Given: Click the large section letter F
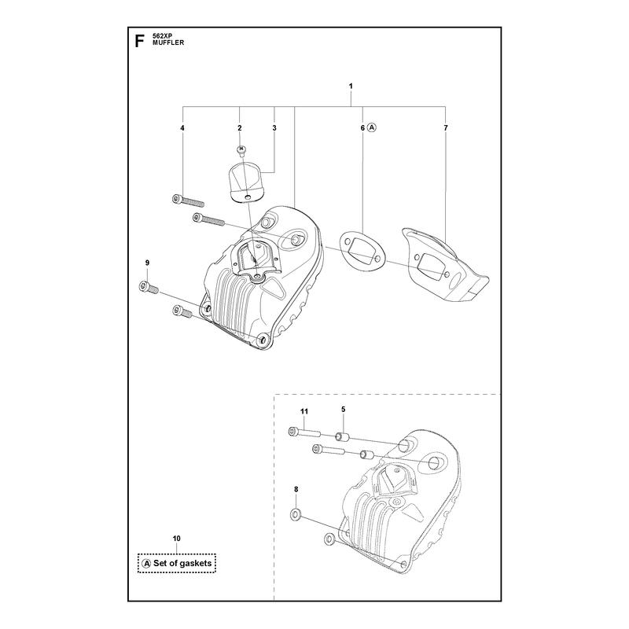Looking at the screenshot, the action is click(x=139, y=41).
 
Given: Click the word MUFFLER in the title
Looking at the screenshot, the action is click(x=168, y=43).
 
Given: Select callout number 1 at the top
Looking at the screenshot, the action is click(x=351, y=86).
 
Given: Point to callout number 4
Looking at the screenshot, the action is click(x=182, y=128).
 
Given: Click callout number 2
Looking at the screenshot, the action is click(x=240, y=128).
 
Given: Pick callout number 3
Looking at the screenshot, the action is click(x=274, y=128).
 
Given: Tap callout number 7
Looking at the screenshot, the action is click(x=446, y=128).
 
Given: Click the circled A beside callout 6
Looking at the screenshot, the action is click(x=372, y=127).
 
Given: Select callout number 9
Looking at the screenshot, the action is click(x=147, y=263).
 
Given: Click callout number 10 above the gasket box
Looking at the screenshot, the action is click(x=176, y=539).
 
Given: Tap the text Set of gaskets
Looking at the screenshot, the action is click(x=182, y=563).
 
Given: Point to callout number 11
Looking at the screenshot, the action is click(x=304, y=411).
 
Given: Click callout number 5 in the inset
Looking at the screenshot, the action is click(x=344, y=409).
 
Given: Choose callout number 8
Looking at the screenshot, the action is click(x=296, y=489).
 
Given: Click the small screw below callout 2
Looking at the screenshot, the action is click(x=241, y=150).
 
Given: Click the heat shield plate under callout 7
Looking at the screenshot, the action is click(x=444, y=264).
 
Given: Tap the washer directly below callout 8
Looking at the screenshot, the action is click(x=296, y=514).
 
